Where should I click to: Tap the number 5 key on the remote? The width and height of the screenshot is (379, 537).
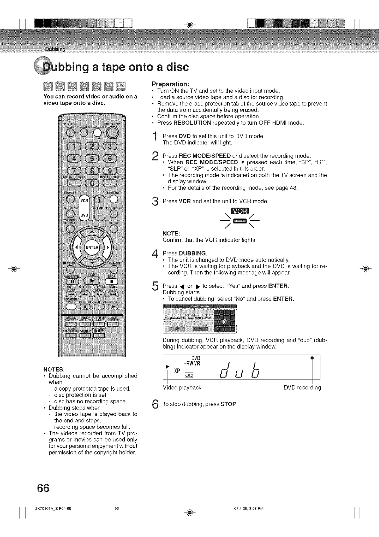point(93,159)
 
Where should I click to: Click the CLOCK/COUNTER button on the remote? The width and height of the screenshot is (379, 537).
point(113,325)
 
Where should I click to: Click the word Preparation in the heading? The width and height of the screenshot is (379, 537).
point(170,84)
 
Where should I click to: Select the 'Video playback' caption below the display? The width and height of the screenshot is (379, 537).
point(182,388)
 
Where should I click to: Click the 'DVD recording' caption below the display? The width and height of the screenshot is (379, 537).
point(302,388)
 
